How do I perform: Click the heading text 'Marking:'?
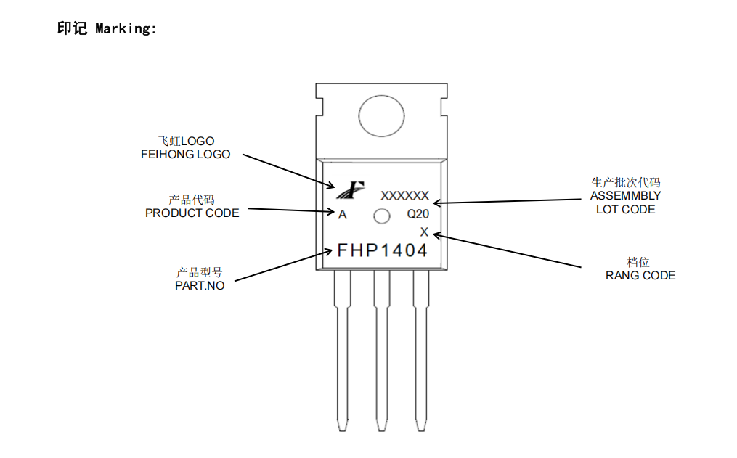(126, 29)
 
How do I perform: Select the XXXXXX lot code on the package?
(404, 195)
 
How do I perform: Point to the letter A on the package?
(343, 215)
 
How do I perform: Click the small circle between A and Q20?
(381, 216)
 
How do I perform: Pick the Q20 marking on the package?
(418, 215)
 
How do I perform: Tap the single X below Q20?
(425, 232)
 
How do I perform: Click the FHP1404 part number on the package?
(382, 250)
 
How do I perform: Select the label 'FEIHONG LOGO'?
(185, 155)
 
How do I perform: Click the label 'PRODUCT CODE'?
(192, 213)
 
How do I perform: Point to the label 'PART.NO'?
(200, 286)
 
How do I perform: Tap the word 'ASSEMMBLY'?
(625, 196)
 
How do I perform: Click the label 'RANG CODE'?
(640, 276)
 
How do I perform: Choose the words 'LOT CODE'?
(625, 210)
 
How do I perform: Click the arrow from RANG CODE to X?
(508, 251)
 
